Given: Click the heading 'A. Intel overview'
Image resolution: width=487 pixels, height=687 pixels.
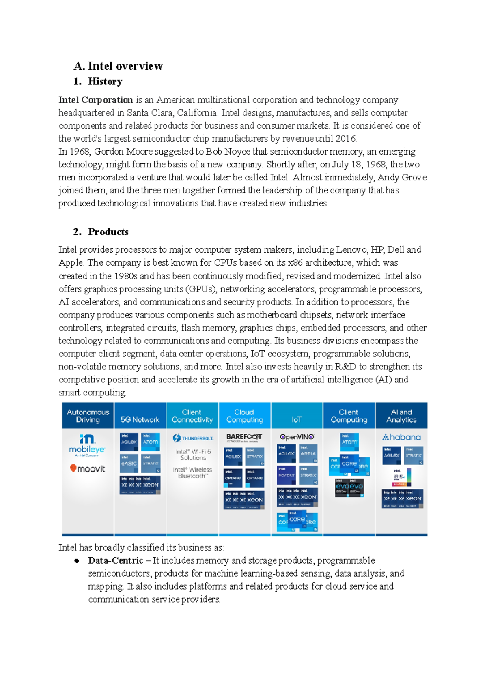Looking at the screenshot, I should click(118, 66).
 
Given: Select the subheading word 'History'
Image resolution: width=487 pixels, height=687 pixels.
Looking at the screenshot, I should click(105, 82).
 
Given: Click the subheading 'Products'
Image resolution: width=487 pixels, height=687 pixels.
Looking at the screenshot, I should click(108, 232).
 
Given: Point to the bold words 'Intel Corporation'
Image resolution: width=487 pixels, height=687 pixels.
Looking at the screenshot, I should click(96, 100).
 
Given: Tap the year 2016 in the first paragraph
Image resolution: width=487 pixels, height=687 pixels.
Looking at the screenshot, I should click(345, 139).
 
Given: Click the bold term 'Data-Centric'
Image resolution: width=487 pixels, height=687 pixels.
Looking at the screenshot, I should click(115, 560).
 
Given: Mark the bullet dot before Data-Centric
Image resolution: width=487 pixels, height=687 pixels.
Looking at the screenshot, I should click(76, 561).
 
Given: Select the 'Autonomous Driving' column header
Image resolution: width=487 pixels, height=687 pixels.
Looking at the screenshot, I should click(88, 416).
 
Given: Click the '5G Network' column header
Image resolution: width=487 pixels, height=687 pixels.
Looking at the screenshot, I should click(140, 420).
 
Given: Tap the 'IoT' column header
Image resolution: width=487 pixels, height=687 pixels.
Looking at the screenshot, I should click(297, 420).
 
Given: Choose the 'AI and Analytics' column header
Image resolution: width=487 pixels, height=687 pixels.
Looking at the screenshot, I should click(401, 416).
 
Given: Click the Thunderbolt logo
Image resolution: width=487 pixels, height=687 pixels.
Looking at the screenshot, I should click(193, 438).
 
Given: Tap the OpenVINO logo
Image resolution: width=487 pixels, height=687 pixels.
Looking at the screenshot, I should click(297, 437).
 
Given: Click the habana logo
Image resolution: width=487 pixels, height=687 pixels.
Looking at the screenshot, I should click(401, 437).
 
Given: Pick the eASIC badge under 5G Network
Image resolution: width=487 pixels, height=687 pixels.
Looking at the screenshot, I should click(129, 463).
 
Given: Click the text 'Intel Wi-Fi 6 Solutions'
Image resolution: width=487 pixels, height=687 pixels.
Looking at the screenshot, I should click(193, 455).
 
